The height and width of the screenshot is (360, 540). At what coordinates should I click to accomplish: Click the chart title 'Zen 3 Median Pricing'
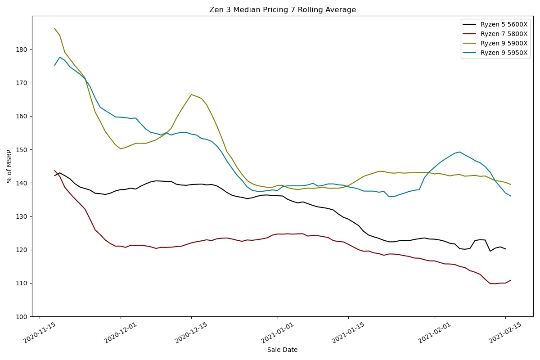coord(248,10)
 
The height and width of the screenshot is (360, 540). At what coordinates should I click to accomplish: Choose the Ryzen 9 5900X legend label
coord(504,43)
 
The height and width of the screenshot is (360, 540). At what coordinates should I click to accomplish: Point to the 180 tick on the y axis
coord(21,49)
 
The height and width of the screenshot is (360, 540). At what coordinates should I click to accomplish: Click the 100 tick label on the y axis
coord(21,317)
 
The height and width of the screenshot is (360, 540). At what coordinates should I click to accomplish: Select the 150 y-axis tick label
coord(21,150)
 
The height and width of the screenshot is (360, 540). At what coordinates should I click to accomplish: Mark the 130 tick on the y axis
coord(21,216)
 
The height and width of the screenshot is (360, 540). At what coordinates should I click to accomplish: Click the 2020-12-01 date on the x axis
coord(120,333)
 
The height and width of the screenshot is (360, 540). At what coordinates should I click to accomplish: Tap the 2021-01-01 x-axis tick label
coord(277,333)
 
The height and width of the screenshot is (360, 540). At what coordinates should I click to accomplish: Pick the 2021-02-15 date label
coord(505,333)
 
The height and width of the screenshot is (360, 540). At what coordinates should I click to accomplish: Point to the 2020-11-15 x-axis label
coord(39,333)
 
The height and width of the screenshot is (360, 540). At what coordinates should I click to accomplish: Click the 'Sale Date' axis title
coord(282,350)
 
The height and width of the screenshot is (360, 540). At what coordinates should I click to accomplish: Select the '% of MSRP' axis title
coord(9,166)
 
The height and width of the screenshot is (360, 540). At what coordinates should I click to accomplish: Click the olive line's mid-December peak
coord(191,94)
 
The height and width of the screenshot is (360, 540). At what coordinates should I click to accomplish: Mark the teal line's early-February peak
coord(460,152)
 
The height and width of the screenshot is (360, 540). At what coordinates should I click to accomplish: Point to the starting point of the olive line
coord(54,28)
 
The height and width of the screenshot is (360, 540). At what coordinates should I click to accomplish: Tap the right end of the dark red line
coord(511,280)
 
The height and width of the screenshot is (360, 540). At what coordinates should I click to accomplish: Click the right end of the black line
coord(505,249)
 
